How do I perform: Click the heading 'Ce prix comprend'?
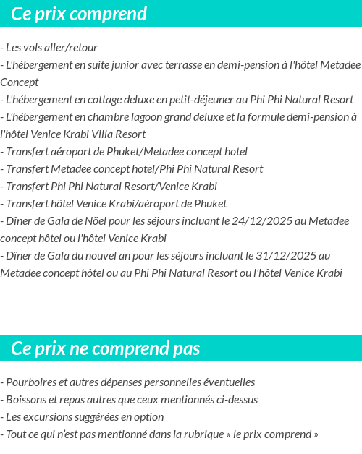tap(79, 14)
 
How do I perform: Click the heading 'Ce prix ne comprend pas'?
tap(106, 348)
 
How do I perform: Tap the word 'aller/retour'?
tap(71, 47)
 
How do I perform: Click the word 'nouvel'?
tap(108, 255)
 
